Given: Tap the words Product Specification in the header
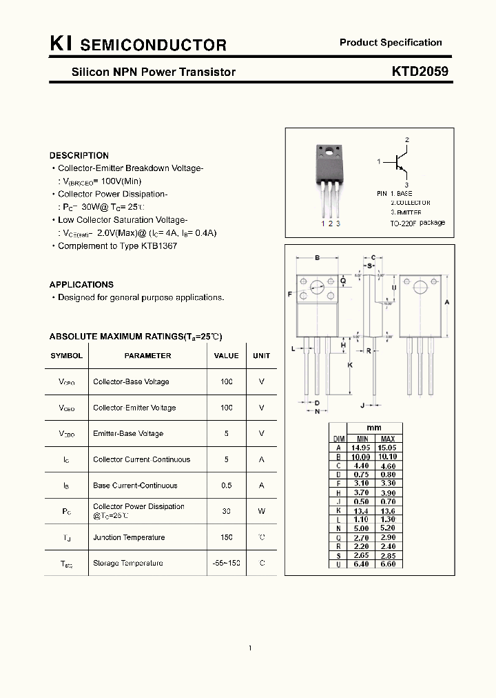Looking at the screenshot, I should click(x=391, y=43).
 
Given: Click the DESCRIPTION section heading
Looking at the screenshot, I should click(x=79, y=156).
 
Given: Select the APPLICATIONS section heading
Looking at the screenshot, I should click(x=81, y=284).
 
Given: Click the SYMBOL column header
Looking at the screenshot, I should click(x=66, y=356).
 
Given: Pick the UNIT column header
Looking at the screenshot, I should click(x=261, y=356).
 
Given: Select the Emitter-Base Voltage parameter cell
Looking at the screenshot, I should click(x=128, y=434).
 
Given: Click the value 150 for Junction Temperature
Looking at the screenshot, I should click(x=226, y=537).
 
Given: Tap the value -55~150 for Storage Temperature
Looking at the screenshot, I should click(x=226, y=564).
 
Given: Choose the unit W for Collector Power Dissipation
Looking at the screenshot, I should click(x=261, y=511).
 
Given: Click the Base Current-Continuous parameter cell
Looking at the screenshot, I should click(x=135, y=486).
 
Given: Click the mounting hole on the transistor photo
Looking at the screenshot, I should click(x=329, y=151).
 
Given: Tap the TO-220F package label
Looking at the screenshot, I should click(x=417, y=223).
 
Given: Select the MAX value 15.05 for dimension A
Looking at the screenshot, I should click(x=388, y=448).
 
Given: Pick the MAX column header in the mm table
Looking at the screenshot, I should click(x=388, y=439).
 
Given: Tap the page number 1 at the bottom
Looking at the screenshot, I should click(x=249, y=648).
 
